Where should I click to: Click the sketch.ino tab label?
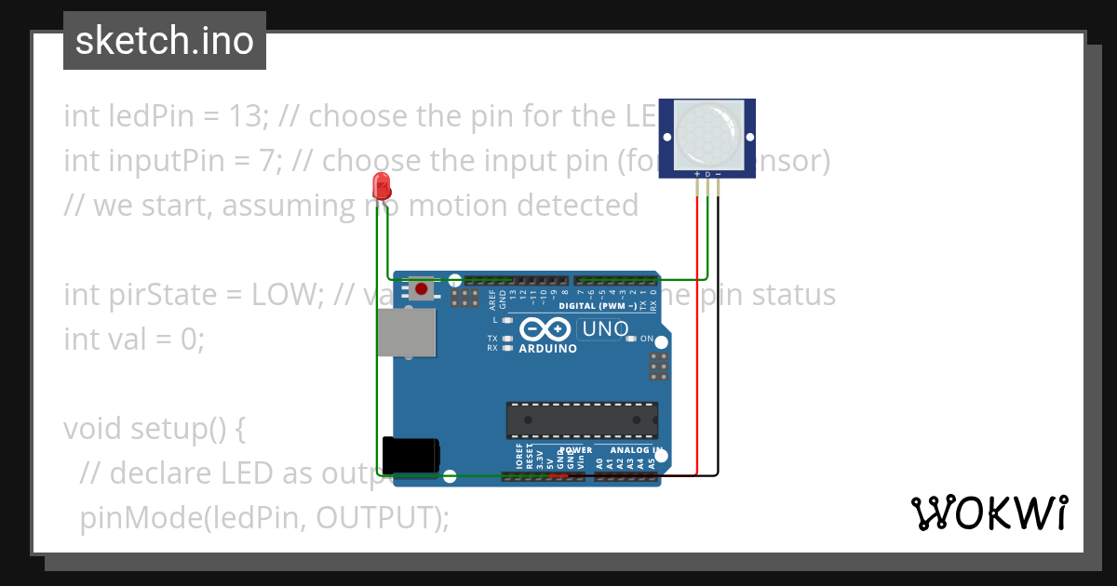[165, 41]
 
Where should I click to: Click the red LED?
[381, 186]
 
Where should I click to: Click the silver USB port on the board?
[407, 333]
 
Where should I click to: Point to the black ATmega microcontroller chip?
[582, 420]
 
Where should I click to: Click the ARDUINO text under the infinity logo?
[548, 349]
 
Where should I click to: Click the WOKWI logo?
[989, 513]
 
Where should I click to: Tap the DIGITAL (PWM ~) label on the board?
[598, 305]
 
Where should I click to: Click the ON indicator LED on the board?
[632, 339]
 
